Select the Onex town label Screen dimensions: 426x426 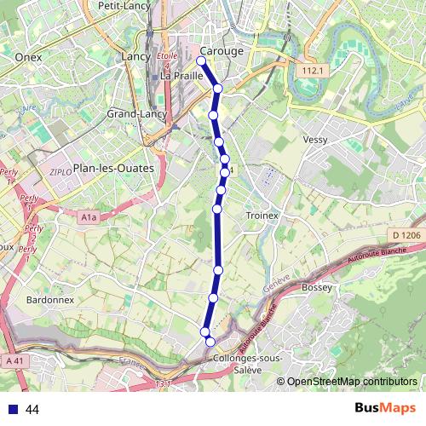(29, 57)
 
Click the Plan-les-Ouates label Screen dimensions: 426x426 (113, 168)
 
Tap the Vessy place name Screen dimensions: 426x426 (315, 139)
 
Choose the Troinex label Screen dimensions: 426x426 (262, 216)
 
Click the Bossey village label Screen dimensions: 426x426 (317, 288)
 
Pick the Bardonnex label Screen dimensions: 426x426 (49, 299)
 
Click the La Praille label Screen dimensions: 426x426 (181, 75)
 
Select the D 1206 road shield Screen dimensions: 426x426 (407, 235)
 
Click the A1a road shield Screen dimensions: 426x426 (89, 218)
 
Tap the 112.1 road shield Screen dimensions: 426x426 (314, 71)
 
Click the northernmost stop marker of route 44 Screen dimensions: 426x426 (202, 60)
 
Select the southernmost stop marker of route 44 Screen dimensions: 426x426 (210, 342)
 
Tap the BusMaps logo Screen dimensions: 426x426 (385, 409)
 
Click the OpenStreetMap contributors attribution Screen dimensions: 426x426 (352, 382)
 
